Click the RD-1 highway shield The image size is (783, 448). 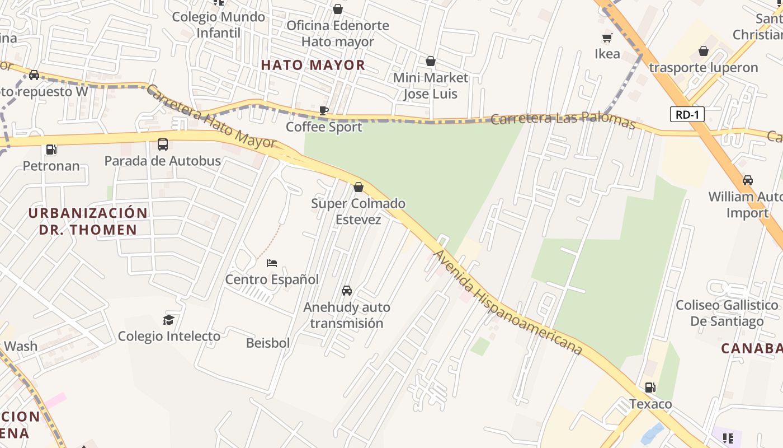[687, 115]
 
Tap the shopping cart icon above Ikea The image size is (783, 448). [607, 38]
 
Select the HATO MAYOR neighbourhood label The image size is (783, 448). [313, 65]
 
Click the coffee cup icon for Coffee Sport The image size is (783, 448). [323, 110]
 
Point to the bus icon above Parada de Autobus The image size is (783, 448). [163, 144]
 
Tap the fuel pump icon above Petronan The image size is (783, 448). [51, 150]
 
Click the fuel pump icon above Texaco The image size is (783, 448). [650, 388]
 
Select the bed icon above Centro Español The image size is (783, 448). [272, 263]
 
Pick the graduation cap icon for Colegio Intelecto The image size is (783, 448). [168, 320]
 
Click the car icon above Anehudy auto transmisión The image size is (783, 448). [347, 291]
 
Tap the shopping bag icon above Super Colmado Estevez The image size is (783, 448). [359, 187]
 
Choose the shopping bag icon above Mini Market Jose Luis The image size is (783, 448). [431, 61]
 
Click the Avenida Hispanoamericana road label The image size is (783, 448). [508, 304]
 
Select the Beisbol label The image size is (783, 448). [268, 343]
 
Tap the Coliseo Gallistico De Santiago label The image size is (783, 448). [727, 313]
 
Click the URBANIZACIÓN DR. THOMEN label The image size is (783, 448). [88, 221]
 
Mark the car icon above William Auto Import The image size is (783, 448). [747, 180]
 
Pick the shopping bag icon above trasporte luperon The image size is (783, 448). [704, 52]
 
